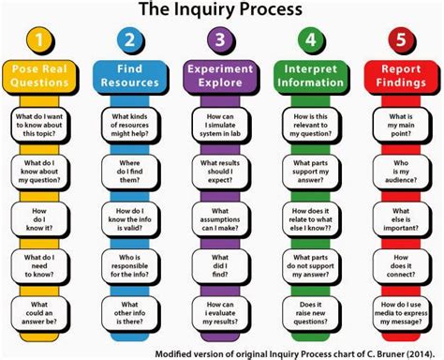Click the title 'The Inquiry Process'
[221, 11]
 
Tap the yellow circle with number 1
[37, 41]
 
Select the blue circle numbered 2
[129, 41]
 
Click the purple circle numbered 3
[220, 41]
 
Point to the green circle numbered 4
[311, 41]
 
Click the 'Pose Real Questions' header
[38, 75]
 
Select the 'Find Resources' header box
[129, 75]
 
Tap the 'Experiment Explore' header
[220, 75]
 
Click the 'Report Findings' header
[402, 75]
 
